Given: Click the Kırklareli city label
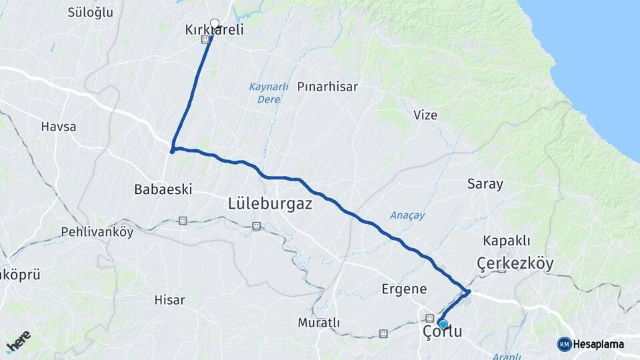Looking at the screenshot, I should point(214,30).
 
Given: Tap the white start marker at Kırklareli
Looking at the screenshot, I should point(215,23).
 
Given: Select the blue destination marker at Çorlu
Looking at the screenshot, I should point(443,323).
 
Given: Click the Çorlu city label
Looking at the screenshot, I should point(443,332).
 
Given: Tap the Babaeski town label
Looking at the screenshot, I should point(163,189).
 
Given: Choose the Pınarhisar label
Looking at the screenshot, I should point(327,87).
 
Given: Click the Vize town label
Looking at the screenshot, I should point(425,115).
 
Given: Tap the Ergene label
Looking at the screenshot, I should point(404,289).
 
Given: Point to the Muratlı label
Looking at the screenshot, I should point(319,323).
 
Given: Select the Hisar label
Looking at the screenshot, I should point(169,300).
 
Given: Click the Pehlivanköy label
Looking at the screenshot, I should point(97,232).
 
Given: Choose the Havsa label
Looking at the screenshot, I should point(59,126).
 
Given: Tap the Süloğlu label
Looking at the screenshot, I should point(91,12).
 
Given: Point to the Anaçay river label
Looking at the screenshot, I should point(407,215).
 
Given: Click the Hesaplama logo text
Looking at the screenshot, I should point(598,344).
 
